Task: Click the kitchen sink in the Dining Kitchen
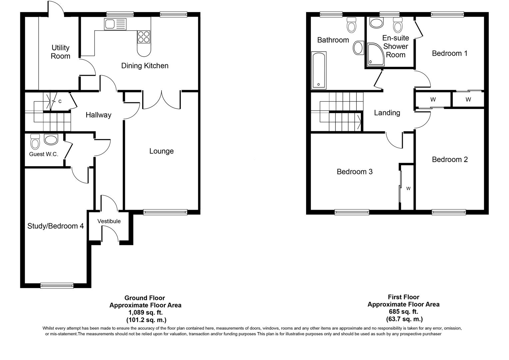click(115, 24)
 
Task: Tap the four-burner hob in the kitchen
click(144, 37)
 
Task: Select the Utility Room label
click(60, 52)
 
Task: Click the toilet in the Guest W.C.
click(35, 142)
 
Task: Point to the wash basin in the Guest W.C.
click(51, 139)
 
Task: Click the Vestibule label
click(109, 221)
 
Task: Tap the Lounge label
click(161, 151)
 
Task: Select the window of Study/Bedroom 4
click(57, 285)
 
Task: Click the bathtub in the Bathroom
click(318, 70)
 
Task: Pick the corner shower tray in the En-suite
click(375, 54)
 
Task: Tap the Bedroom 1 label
click(449, 53)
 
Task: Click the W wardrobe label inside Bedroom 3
click(408, 189)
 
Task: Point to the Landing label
click(387, 113)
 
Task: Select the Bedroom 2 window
click(449, 212)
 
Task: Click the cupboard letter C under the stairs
click(60, 101)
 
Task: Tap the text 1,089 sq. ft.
click(145, 313)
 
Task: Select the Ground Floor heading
click(145, 298)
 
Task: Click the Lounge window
click(165, 212)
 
